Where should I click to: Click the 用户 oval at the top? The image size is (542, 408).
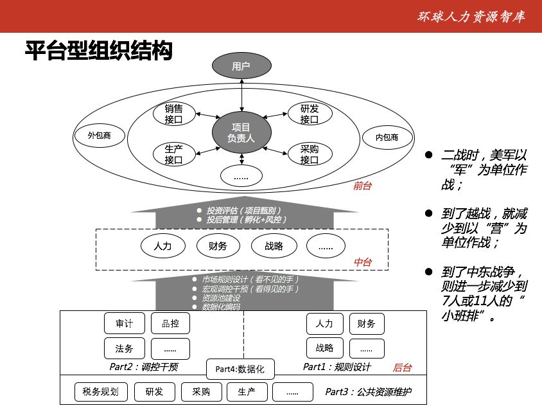tap(241, 66)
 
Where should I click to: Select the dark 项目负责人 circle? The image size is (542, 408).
tap(241, 132)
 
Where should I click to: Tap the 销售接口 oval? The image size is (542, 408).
tap(174, 114)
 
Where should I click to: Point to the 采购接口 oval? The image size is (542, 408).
tap(310, 154)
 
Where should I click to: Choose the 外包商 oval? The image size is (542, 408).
tap(99, 135)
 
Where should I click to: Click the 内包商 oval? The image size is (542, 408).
tap(387, 137)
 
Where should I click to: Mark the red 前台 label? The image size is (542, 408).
tap(362, 186)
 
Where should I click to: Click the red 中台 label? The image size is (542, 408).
tap(363, 262)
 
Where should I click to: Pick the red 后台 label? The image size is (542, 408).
tap(402, 368)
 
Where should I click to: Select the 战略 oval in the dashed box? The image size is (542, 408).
tap(274, 246)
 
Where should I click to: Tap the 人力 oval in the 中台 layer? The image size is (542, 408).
tap(163, 246)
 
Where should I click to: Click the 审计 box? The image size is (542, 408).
tap(125, 323)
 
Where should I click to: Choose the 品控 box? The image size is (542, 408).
tap(170, 323)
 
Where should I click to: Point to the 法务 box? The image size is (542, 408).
tap(125, 348)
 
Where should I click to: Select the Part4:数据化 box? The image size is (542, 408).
tap(240, 369)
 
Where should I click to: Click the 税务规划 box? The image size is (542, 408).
tap(101, 392)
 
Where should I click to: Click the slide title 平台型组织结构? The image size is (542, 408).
tap(98, 51)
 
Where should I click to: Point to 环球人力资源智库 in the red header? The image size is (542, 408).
tap(471, 17)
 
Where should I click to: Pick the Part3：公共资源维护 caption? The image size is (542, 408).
tap(369, 392)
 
